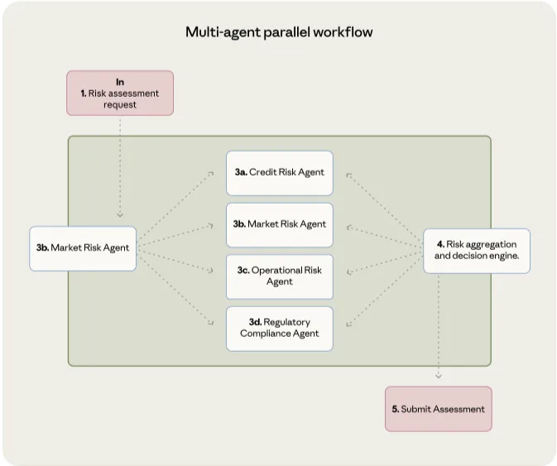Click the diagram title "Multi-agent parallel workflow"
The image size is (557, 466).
[x=279, y=32]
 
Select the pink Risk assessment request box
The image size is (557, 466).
[x=120, y=93]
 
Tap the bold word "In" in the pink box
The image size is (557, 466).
[x=120, y=82]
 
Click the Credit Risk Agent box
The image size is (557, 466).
[x=280, y=172]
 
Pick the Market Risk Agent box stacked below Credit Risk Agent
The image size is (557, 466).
[x=280, y=224]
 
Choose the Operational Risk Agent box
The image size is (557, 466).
[x=280, y=276]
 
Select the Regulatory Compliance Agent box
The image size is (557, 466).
[x=280, y=329]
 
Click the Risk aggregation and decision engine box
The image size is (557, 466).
[x=477, y=250]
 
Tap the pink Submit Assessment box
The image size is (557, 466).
[x=438, y=409]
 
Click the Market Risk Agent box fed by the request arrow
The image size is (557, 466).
[x=83, y=247]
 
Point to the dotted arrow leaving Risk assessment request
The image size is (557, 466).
[x=120, y=166]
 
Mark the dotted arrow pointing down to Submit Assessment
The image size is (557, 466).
[x=439, y=331]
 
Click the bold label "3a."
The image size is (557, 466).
[x=241, y=172]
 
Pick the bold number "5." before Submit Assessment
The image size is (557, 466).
[x=396, y=409]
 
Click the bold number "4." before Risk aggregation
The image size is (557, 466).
[x=439, y=244]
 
